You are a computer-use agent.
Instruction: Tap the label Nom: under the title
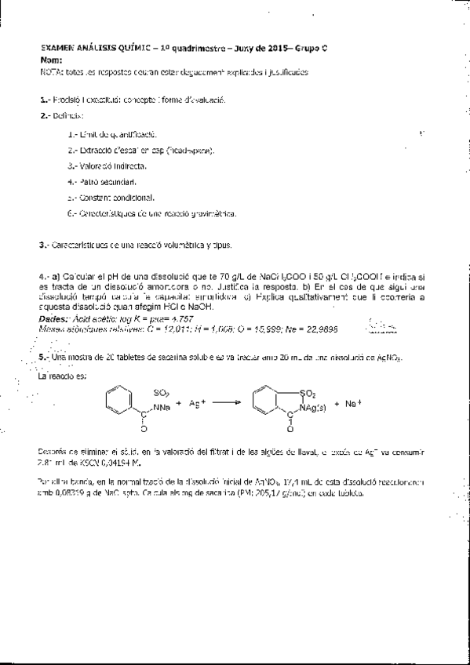click(x=50, y=60)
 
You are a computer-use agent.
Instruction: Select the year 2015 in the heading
click(x=280, y=49)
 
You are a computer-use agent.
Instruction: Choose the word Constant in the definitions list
click(x=93, y=197)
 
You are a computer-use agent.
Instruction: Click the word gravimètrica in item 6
click(x=212, y=213)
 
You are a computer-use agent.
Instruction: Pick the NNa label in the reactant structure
click(x=162, y=406)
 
